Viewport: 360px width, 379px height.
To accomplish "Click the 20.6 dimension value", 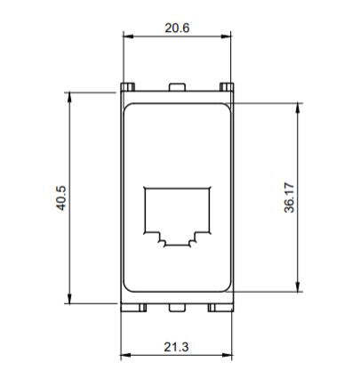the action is pos(177,28).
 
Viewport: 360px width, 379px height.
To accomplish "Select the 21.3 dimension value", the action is pos(176,347).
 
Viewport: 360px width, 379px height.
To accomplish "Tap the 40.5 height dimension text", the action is pos(61,198).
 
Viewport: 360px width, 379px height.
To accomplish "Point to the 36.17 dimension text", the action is pos(289,198).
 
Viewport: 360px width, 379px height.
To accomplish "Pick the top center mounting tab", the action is pos(177,87).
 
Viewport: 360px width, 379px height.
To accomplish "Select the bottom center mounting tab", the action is pos(177,307).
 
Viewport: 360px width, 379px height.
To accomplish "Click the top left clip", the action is pos(128,86).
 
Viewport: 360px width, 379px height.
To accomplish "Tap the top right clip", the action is pos(227,86).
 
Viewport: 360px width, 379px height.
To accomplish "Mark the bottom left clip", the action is pos(133,308).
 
